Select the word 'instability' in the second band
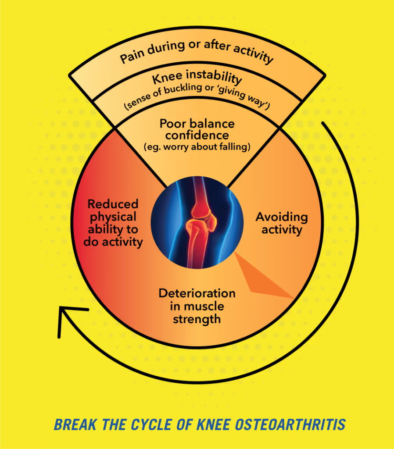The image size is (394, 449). (x=218, y=79)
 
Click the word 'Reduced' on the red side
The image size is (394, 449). (x=113, y=204)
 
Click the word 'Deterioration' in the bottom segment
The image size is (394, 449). (x=197, y=293)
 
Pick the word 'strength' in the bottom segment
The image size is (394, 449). (x=197, y=319)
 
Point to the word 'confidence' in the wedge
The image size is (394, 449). (x=197, y=135)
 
